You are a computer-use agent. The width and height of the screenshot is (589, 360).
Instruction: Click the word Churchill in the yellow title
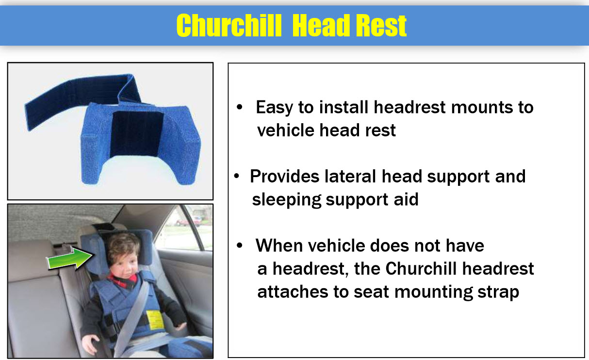point(229,25)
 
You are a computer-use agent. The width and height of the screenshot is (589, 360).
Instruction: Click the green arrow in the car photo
point(70,259)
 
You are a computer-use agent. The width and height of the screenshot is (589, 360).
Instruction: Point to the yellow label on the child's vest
point(154,320)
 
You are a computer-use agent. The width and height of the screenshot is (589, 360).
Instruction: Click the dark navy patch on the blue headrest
point(136,134)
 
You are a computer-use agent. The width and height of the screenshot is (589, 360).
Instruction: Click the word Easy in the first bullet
point(274,108)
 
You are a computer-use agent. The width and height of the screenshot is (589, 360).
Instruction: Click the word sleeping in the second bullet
point(286,200)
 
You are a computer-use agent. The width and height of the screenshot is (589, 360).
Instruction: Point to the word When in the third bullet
point(279,245)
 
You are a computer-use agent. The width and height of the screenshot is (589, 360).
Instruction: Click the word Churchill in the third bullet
point(421,268)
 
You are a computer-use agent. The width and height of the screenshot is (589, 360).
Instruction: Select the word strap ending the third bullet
point(498,293)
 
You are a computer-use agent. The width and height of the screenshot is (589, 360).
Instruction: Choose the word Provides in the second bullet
point(284,176)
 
